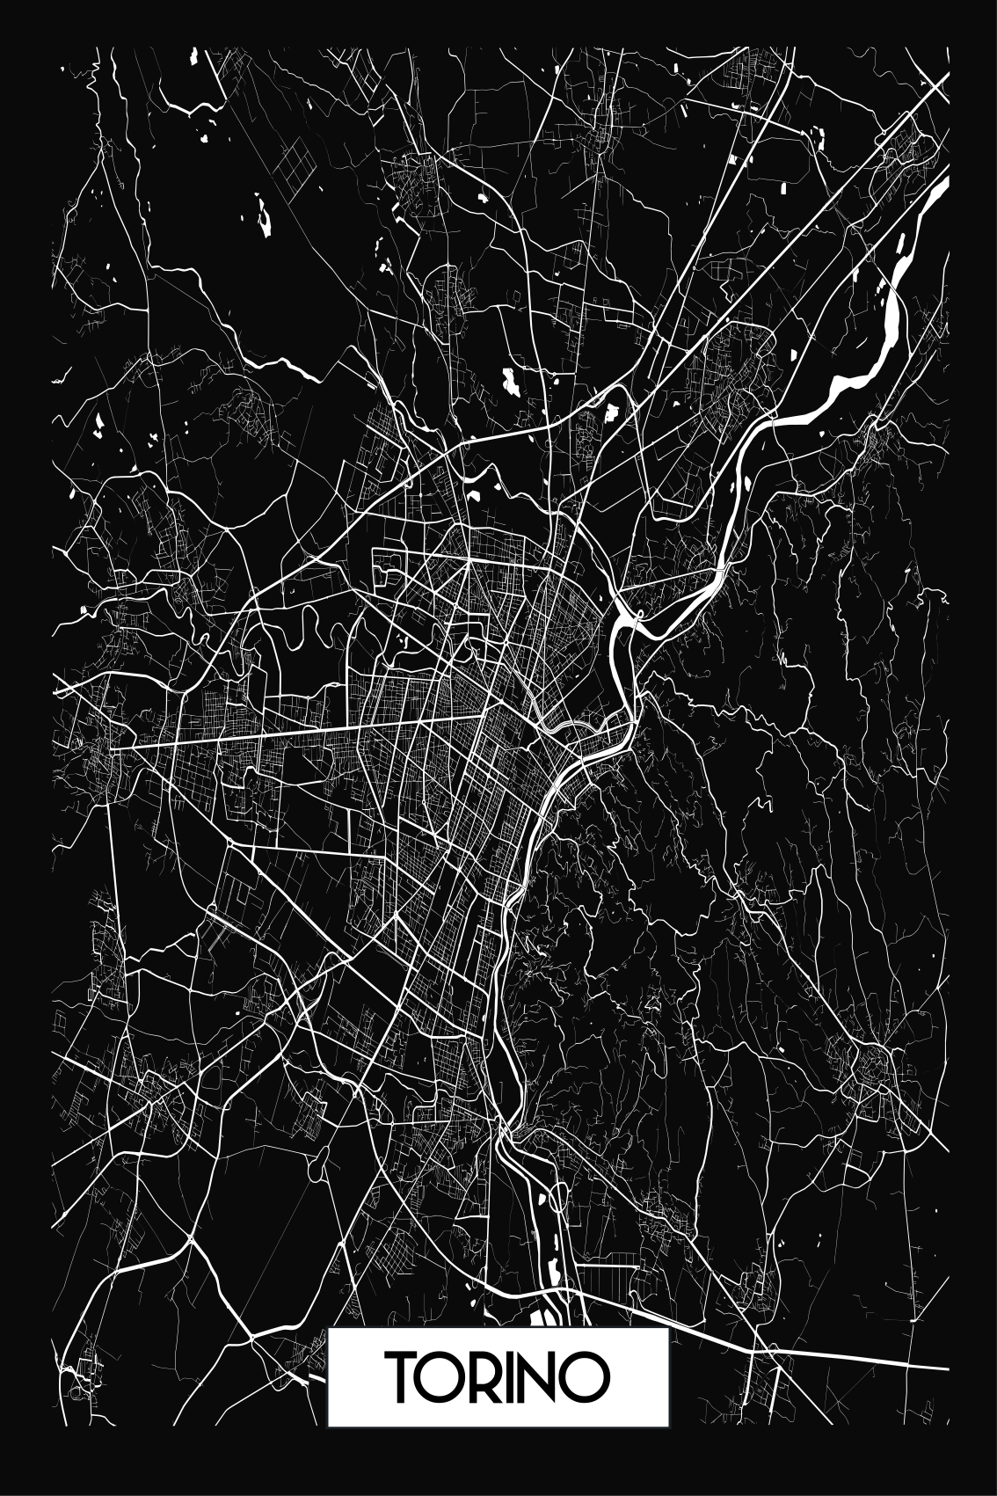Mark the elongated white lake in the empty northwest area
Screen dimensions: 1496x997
pos(264,215)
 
